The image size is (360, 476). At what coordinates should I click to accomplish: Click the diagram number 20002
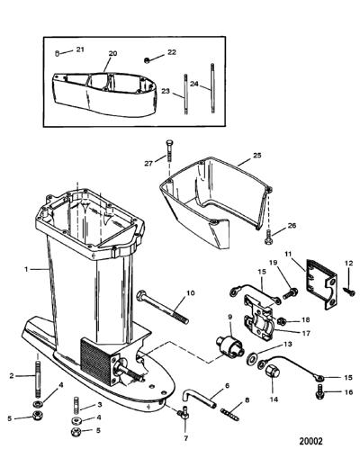click(310, 441)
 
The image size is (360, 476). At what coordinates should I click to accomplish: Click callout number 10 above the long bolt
click(191, 293)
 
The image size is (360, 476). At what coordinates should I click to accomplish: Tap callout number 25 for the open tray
click(256, 156)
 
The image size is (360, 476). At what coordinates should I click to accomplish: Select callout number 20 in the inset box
click(112, 53)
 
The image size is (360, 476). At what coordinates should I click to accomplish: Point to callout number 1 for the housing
click(26, 269)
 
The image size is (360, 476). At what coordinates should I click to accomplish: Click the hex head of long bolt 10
click(141, 296)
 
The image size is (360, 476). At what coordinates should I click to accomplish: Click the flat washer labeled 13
click(252, 357)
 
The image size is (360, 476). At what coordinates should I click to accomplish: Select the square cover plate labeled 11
click(321, 283)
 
